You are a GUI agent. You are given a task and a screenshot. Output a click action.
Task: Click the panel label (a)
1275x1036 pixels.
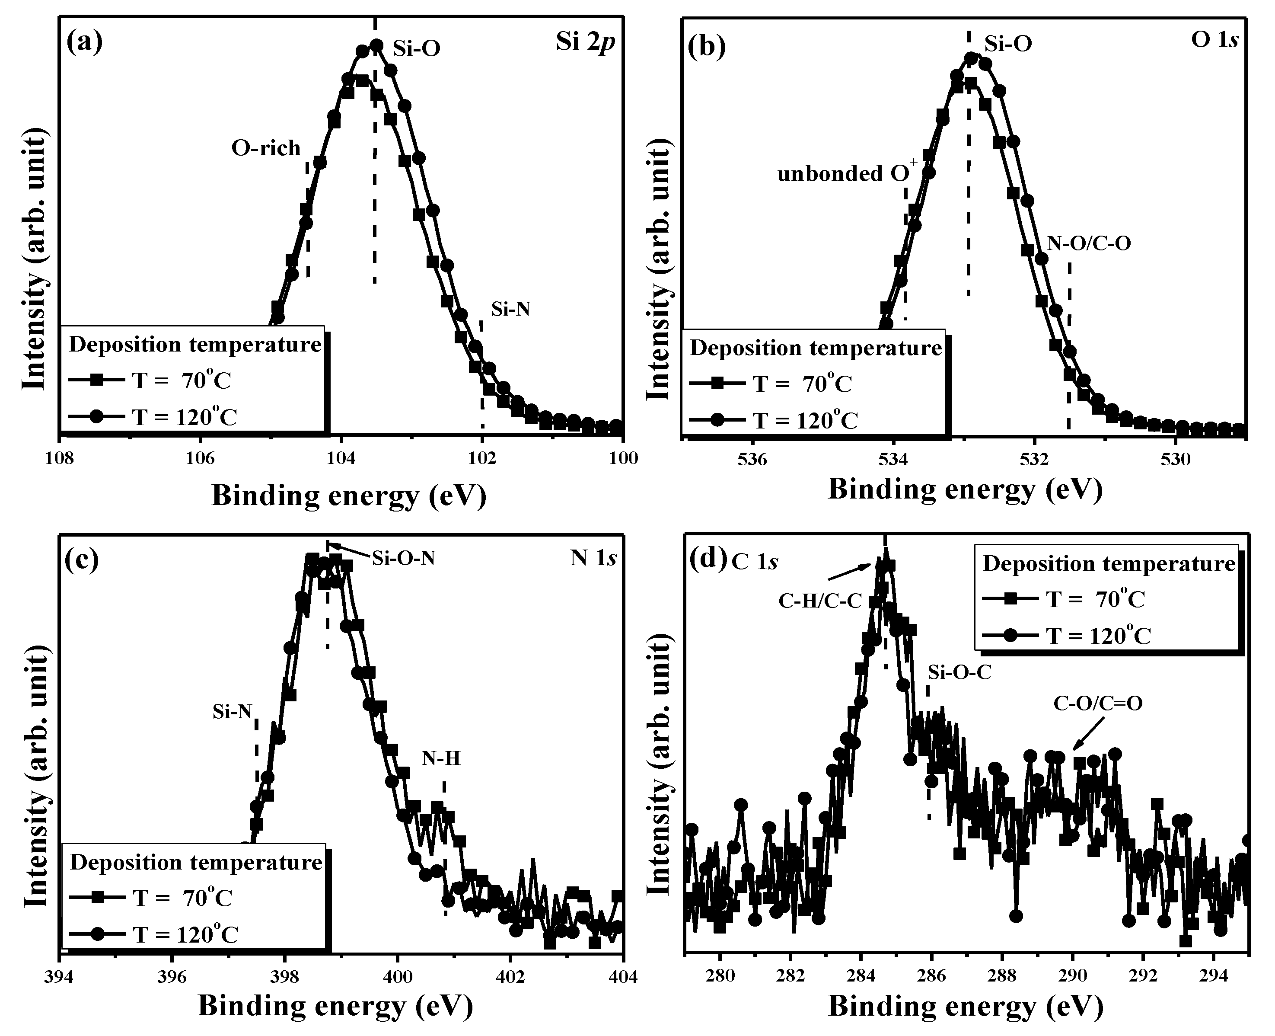coord(85,43)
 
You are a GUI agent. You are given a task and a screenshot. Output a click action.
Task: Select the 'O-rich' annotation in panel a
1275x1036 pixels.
coord(266,148)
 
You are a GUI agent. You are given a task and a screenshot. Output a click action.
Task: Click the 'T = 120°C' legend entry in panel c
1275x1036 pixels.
coord(185,934)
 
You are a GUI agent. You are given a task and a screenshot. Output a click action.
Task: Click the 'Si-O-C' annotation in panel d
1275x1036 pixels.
coord(959,672)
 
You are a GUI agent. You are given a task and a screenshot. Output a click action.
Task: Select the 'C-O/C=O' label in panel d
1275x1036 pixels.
coord(1098,703)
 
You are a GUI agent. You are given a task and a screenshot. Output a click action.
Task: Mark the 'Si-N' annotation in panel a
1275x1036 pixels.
coord(510,309)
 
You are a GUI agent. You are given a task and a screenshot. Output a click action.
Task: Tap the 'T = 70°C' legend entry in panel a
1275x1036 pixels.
coord(182,380)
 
